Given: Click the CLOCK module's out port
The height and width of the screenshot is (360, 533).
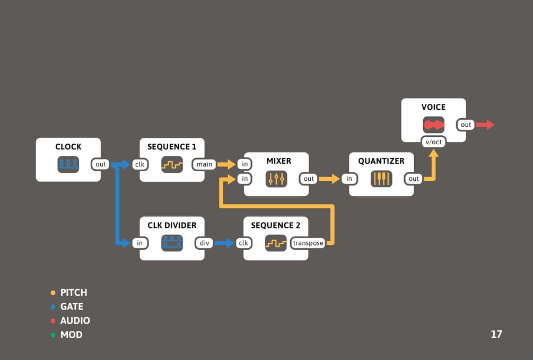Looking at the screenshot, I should [x=101, y=164].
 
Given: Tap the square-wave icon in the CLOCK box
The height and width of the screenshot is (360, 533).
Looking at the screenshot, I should [x=68, y=164].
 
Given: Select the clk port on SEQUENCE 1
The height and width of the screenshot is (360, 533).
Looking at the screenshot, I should [x=139, y=164].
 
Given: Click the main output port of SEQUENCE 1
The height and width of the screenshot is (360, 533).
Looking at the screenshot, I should [x=204, y=164].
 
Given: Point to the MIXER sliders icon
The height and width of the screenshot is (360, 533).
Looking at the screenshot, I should [x=276, y=179].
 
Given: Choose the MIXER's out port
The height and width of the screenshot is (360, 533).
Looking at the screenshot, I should [x=309, y=179].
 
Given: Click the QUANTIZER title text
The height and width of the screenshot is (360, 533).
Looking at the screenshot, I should [x=381, y=161].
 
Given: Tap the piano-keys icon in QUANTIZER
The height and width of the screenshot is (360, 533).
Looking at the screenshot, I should [x=381, y=179].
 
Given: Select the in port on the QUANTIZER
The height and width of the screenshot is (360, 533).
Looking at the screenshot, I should [x=349, y=179].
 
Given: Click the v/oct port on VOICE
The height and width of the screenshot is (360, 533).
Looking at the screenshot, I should [x=433, y=142].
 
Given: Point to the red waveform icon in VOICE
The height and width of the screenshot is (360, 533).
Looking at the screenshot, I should [x=433, y=125].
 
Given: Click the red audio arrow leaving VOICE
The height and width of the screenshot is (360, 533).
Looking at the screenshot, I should [x=485, y=125].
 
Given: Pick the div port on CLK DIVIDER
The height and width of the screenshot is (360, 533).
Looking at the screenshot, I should [x=204, y=243].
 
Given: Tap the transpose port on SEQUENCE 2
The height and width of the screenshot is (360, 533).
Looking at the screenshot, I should [x=308, y=243].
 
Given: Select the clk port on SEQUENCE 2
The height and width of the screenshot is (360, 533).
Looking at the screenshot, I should [x=243, y=243].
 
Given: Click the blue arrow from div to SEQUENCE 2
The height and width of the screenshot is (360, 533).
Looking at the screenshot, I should [x=224, y=243].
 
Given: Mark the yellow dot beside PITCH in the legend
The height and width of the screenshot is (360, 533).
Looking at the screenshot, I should [x=53, y=293].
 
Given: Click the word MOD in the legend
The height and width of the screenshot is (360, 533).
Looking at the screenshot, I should [x=71, y=335].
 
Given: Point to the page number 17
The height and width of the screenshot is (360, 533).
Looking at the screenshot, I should [x=496, y=335].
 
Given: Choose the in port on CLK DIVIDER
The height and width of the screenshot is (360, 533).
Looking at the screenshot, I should [x=139, y=243].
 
